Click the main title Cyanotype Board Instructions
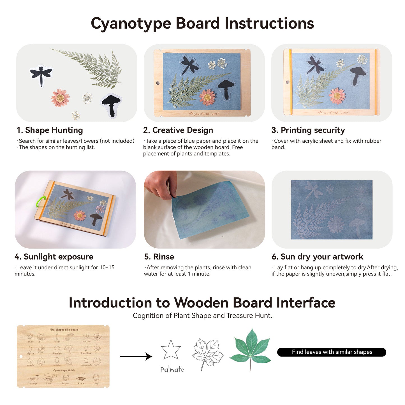click(202, 23)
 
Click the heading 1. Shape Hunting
click(50, 130)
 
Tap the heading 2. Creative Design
click(178, 130)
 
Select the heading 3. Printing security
click(308, 130)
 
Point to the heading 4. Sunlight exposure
click(54, 257)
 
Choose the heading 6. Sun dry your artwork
click(317, 257)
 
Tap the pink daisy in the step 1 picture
click(60, 98)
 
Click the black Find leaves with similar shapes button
click(332, 352)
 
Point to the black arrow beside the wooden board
click(136, 357)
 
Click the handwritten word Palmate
click(172, 370)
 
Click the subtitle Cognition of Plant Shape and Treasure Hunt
click(202, 316)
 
